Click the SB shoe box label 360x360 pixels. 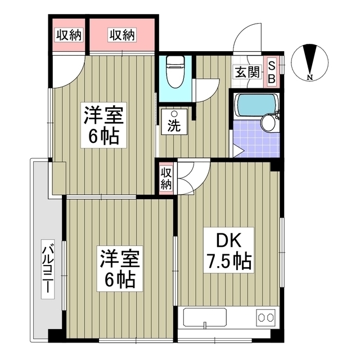[271, 72]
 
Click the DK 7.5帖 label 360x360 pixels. [227, 251]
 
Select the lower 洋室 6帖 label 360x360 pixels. [119, 269]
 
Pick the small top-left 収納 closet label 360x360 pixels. [68, 35]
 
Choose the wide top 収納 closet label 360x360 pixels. [122, 35]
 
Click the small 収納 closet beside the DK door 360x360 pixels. [166, 178]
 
